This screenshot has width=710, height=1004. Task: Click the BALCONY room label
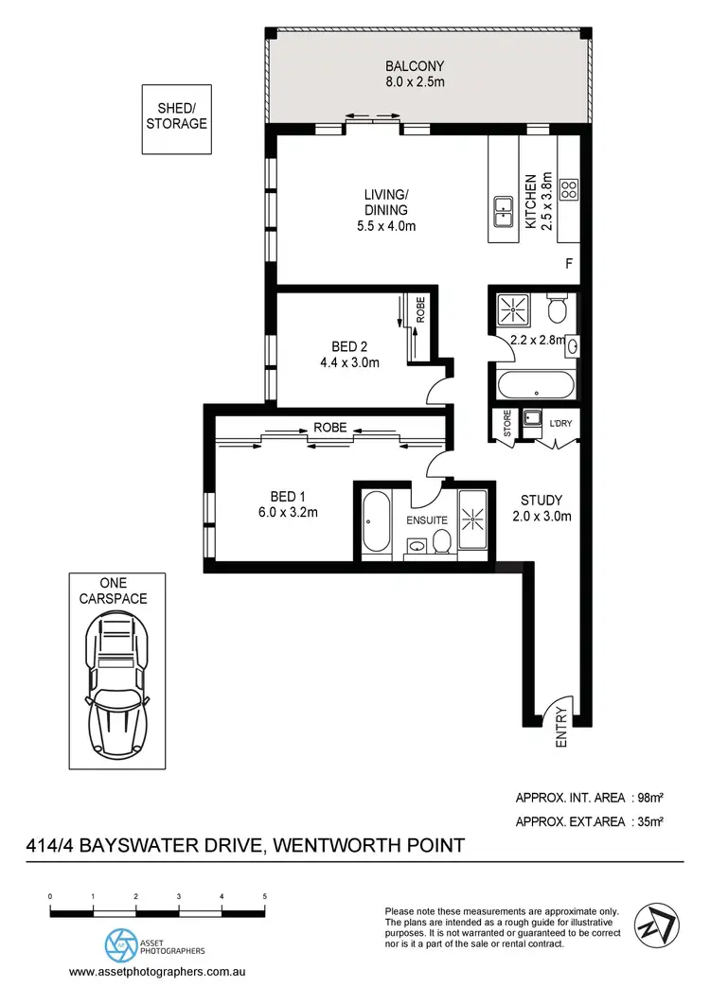coord(414,66)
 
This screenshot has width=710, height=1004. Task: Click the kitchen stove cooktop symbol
coord(569,188)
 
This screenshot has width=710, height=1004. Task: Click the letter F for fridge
coord(569,264)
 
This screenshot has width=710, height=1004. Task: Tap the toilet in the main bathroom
coord(557,308)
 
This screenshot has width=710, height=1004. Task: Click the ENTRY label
coord(560,728)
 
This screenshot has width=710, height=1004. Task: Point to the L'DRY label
coord(561,422)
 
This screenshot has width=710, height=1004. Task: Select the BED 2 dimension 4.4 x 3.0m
coord(349,361)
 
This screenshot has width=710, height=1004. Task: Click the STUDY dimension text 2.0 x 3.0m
coord(541,517)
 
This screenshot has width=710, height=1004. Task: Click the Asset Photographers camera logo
coord(120,943)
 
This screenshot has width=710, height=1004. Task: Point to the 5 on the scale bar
coord(264,895)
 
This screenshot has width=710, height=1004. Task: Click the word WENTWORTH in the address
coord(345,844)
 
